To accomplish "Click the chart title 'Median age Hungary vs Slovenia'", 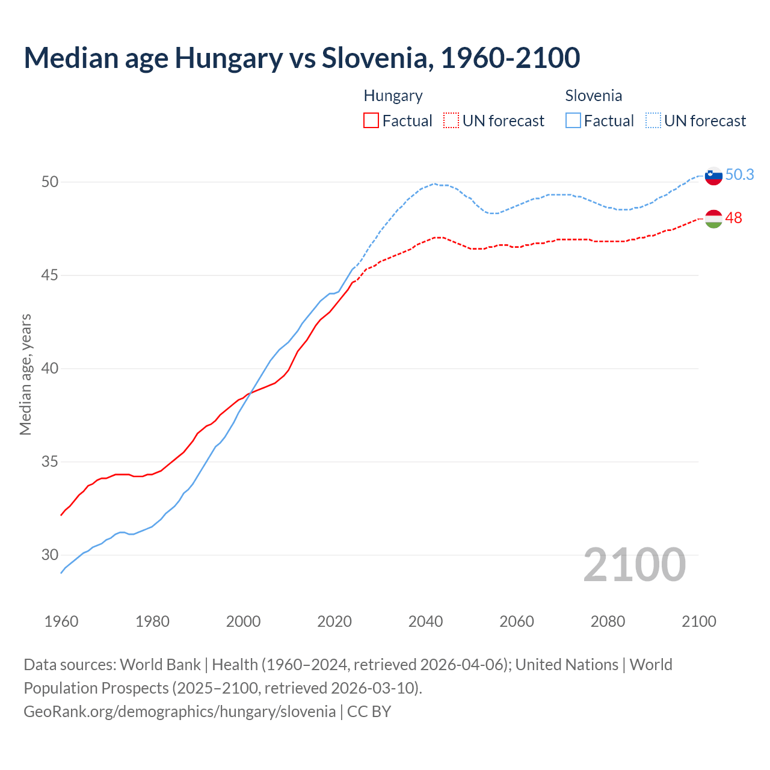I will [301, 58].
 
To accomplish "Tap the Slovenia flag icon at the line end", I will [713, 176].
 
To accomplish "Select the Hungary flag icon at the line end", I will [713, 219].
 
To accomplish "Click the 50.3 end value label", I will [739, 174].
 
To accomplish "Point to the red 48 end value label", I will [733, 218].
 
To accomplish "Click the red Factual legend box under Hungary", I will [371, 121].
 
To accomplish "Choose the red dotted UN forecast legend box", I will [451, 121].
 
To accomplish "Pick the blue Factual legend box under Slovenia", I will [573, 121].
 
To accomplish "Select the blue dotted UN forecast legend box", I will [653, 121].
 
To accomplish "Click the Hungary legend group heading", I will [393, 96].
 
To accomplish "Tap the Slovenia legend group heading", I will [593, 96].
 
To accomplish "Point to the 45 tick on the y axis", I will [49, 276].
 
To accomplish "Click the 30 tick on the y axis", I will [49, 555].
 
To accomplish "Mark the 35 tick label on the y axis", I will [49, 462].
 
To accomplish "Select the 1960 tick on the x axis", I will [61, 621].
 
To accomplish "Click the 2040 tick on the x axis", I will [425, 621].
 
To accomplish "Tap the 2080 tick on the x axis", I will [608, 621].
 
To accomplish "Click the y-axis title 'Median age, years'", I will [25, 374].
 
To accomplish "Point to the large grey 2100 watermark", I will [634, 564].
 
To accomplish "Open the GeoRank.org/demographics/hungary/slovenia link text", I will [179, 711].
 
